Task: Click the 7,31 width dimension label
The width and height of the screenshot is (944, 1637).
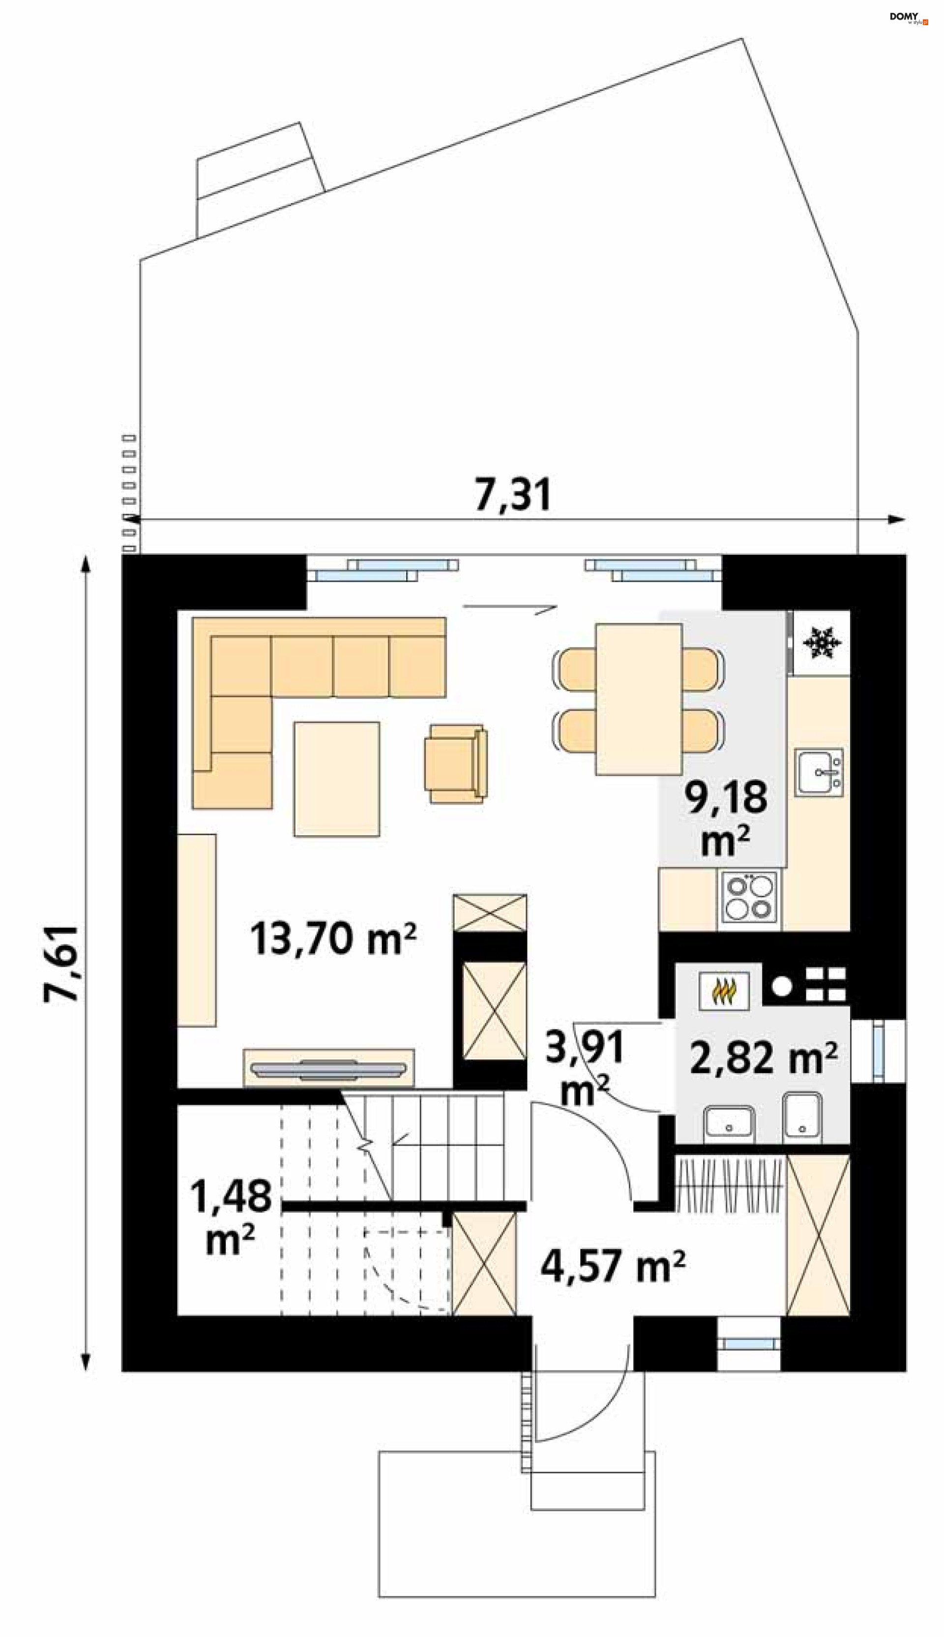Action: click(513, 495)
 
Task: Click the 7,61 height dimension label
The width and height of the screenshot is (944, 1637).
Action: click(62, 963)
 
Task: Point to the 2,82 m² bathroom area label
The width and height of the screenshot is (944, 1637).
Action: click(763, 1058)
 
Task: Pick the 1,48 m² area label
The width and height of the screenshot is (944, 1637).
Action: click(231, 1217)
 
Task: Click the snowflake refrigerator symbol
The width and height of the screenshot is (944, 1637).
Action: click(822, 643)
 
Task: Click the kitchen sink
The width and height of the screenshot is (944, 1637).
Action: click(820, 772)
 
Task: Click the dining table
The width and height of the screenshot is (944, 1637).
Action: click(639, 699)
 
